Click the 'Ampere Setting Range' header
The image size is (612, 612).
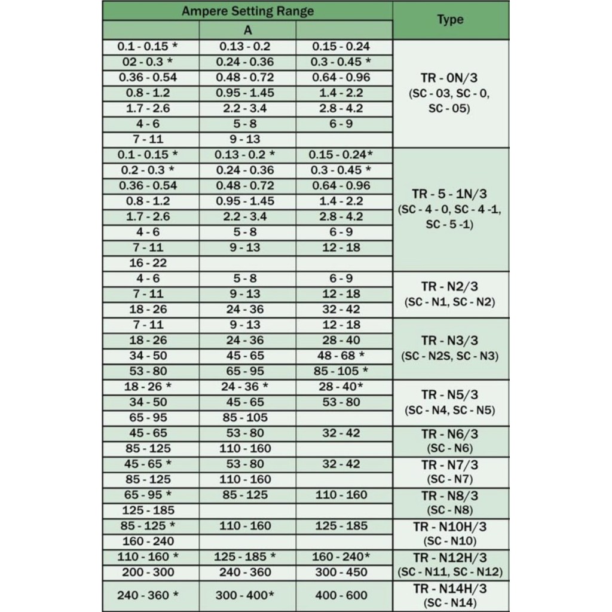tap(247, 11)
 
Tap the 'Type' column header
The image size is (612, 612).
tap(450, 20)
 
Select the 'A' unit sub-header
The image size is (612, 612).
tap(247, 30)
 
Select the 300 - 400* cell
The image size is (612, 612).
tap(245, 595)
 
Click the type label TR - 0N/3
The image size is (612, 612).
tap(450, 77)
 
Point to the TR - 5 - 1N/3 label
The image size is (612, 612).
tap(450, 194)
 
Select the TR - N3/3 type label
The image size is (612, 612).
tap(450, 341)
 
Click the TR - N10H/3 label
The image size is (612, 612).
tap(450, 527)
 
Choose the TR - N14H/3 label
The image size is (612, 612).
tap(450, 589)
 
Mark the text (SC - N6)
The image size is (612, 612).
tap(450, 449)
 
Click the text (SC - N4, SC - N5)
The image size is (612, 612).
tap(450, 411)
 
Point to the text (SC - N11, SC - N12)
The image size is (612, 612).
tap(450, 573)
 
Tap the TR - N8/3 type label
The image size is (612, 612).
tap(450, 495)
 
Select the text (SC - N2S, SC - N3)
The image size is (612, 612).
tap(450, 356)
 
